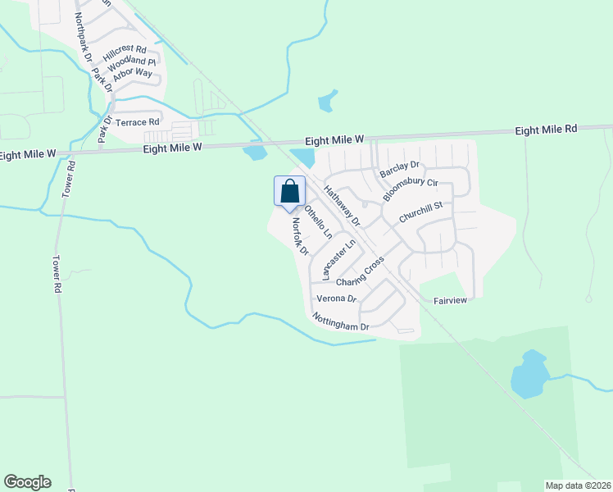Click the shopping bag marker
click(289, 192)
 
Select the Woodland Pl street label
click(132, 62)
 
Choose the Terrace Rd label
click(137, 122)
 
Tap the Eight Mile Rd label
click(547, 130)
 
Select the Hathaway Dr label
click(341, 206)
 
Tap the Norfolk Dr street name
click(297, 236)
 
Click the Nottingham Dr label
click(341, 321)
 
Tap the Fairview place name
click(449, 301)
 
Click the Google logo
click(27, 482)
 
